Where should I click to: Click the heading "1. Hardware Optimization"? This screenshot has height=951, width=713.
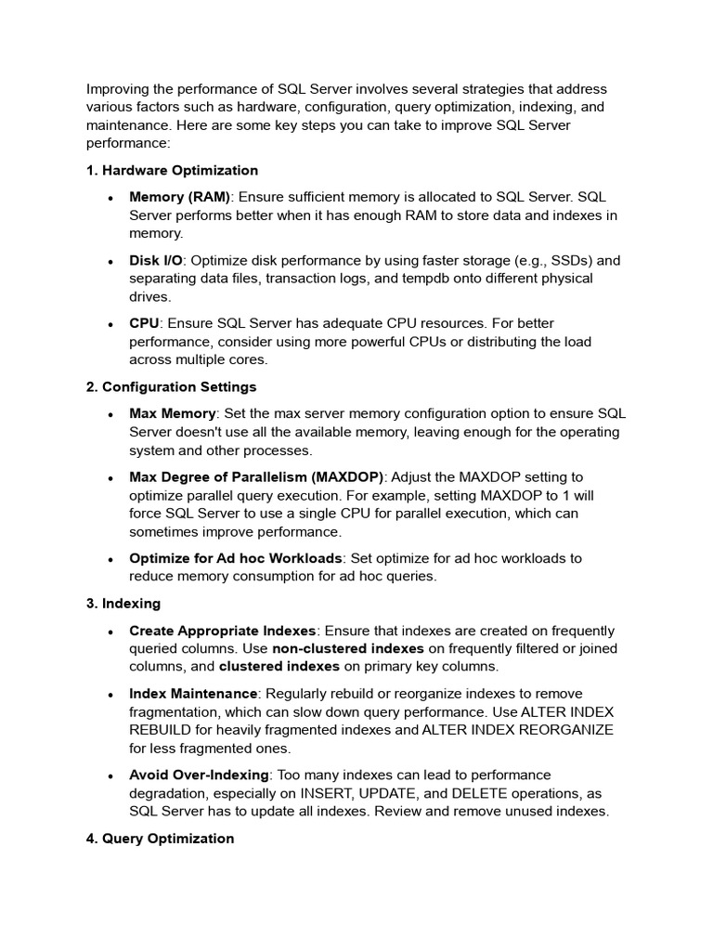click(172, 171)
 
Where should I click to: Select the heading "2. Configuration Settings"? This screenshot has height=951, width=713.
click(171, 386)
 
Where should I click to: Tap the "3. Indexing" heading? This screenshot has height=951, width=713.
click(123, 604)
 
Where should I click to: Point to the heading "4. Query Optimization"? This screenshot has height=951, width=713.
click(160, 839)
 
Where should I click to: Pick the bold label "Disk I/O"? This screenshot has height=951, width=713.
click(155, 260)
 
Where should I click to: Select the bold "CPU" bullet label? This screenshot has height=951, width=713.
click(144, 323)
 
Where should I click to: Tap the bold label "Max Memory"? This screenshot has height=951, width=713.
click(172, 413)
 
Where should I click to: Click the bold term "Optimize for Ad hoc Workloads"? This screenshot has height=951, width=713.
click(236, 558)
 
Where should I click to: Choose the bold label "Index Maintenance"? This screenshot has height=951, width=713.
click(193, 694)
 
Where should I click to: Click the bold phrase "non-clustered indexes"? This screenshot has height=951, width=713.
click(348, 648)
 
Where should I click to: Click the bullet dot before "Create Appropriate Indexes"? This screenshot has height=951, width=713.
click(110, 632)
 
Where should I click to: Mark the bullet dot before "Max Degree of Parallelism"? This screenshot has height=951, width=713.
click(110, 478)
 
